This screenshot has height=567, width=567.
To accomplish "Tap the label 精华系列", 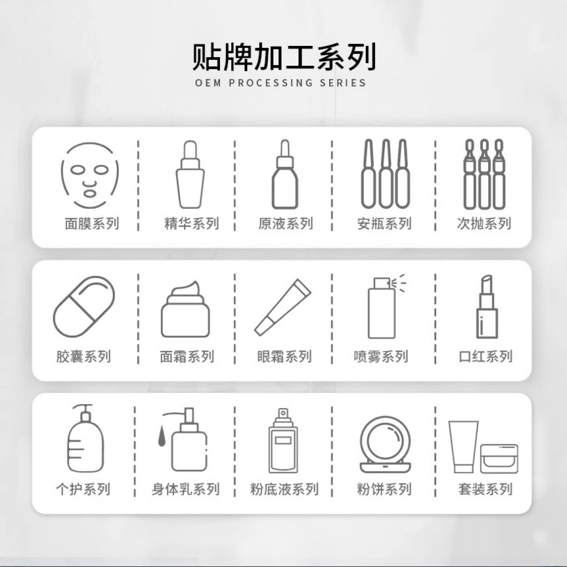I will pyautogui.click(x=191, y=223).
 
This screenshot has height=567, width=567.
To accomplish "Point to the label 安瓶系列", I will pyautogui.click(x=384, y=223).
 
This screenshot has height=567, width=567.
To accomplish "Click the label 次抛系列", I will pyautogui.click(x=484, y=223).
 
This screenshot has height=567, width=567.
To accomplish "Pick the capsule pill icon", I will pyautogui.click(x=83, y=306).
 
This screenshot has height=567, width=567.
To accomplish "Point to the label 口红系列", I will pyautogui.click(x=486, y=357).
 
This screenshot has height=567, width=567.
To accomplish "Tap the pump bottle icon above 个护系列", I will pyautogui.click(x=85, y=438).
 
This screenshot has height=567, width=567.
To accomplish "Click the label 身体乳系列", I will pyautogui.click(x=185, y=489).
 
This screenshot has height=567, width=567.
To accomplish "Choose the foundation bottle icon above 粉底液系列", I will pyautogui.click(x=283, y=440).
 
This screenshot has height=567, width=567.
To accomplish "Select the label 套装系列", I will pyautogui.click(x=486, y=489).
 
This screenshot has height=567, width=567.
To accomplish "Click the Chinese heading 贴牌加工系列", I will pyautogui.click(x=284, y=57).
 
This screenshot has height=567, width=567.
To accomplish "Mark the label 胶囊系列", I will pyautogui.click(x=83, y=357).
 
